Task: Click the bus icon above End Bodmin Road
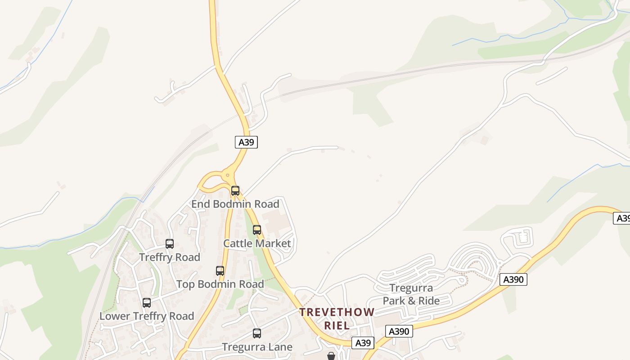[x=235, y=190]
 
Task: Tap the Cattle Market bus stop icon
[x=256, y=230]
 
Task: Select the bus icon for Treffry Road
[x=169, y=244]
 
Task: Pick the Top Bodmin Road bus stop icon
[x=220, y=271]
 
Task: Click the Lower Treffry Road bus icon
[x=146, y=303]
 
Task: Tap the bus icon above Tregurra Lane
[x=256, y=333]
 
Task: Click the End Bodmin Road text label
[x=235, y=204]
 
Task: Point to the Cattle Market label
[x=257, y=243]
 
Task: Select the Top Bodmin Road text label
[x=220, y=284]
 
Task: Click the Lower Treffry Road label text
[x=146, y=316]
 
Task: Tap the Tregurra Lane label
[x=257, y=347]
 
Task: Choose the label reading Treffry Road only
[x=169, y=257]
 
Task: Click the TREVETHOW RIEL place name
[x=337, y=319]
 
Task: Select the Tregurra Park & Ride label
[x=411, y=294]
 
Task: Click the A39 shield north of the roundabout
[x=246, y=142]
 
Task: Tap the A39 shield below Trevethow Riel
[x=363, y=343]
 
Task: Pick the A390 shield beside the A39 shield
[x=399, y=332]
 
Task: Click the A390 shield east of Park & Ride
[x=513, y=279]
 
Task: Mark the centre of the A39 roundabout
[x=228, y=175]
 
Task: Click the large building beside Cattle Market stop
[x=275, y=220]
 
